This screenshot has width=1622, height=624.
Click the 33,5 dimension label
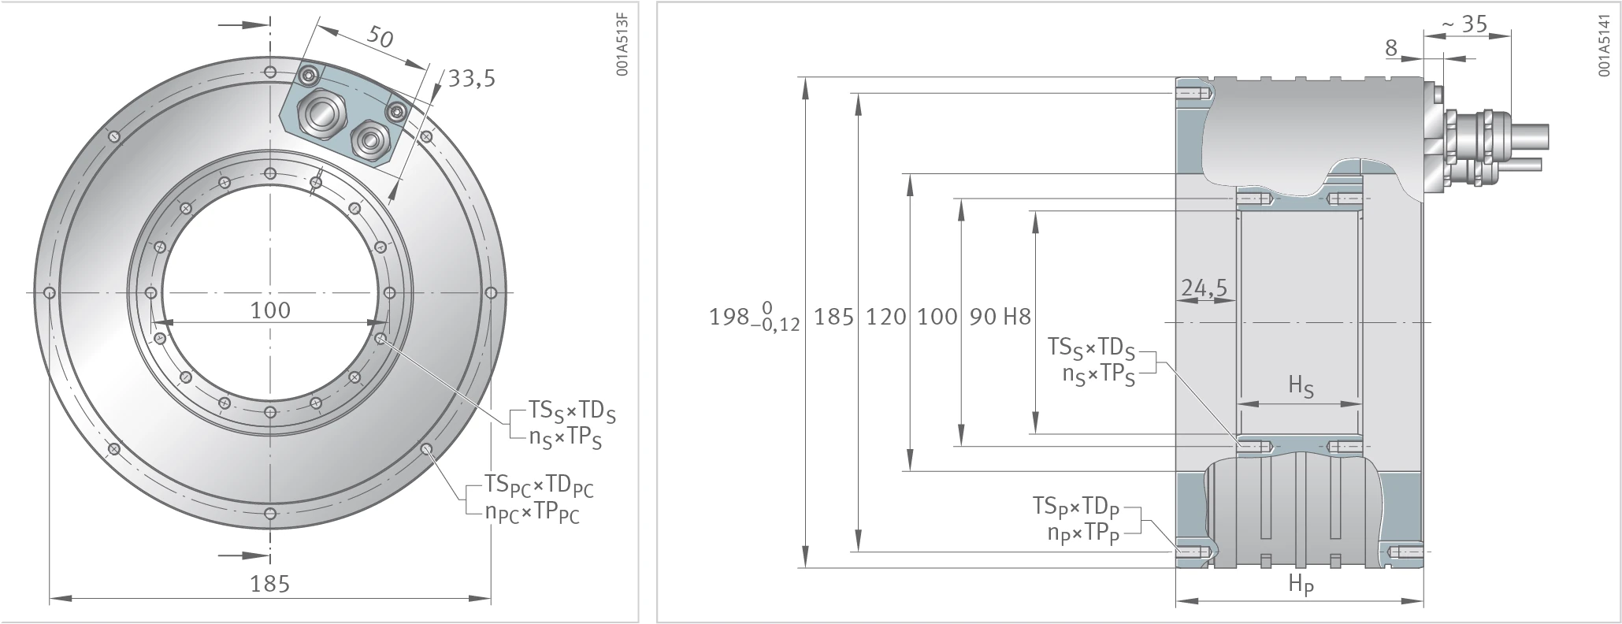pos(472,78)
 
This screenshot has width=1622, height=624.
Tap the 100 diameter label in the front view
pos(270,310)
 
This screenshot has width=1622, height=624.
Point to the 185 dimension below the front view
pos(270,584)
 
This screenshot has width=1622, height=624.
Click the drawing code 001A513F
pos(622,44)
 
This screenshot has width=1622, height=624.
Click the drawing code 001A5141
pos(1605,44)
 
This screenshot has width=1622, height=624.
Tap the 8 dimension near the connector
pos(1391,48)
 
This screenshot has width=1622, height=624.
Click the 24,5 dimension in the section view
pos(1204,288)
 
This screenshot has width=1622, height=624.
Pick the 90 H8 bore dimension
pos(1000,317)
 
